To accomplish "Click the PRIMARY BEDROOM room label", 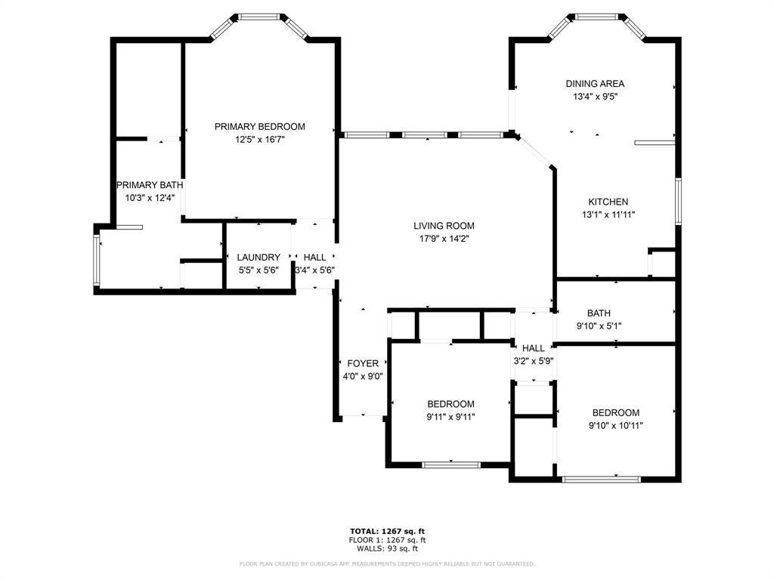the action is pyautogui.click(x=260, y=127).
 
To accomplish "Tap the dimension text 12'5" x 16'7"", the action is pyautogui.click(x=260, y=140).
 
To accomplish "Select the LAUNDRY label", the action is pyautogui.click(x=259, y=258).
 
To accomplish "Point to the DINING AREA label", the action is pyautogui.click(x=595, y=84).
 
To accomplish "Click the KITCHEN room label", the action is pyautogui.click(x=608, y=202).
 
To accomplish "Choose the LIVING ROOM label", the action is pyautogui.click(x=444, y=226).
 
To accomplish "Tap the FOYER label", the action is pyautogui.click(x=363, y=363).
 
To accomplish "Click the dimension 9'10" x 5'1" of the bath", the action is pyautogui.click(x=599, y=326).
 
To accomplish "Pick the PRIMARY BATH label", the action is pyautogui.click(x=150, y=185).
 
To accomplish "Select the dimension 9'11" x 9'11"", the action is pyautogui.click(x=450, y=417).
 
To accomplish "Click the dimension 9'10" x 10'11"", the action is pyautogui.click(x=615, y=426).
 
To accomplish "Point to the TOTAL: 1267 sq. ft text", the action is pyautogui.click(x=387, y=531).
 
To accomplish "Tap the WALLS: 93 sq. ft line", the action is pyautogui.click(x=387, y=548).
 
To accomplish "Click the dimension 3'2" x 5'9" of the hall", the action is pyautogui.click(x=533, y=361).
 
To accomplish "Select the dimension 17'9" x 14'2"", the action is pyautogui.click(x=444, y=239).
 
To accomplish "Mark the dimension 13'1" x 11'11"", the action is pyautogui.click(x=608, y=214).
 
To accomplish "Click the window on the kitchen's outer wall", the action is pyautogui.click(x=679, y=201).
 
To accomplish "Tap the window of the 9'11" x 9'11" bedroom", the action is pyautogui.click(x=451, y=464).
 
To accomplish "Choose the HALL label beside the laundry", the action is pyautogui.click(x=314, y=258).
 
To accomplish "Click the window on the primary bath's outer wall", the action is pyautogui.click(x=97, y=260).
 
